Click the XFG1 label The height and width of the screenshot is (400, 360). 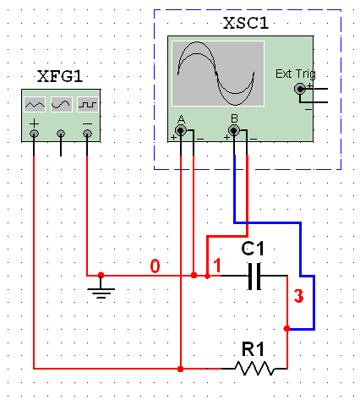coord(60,76)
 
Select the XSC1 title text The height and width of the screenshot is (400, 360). coord(246,23)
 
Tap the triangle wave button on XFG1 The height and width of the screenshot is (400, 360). coord(35,104)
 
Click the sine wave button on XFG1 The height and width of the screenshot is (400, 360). coord(62,104)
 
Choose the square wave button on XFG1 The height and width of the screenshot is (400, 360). coord(88,104)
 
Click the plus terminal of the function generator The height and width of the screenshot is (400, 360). coord(34,134)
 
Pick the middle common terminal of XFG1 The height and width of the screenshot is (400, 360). coord(61,134)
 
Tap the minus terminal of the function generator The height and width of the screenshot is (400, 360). coord(87,134)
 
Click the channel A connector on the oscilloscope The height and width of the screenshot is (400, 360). coord(181,130)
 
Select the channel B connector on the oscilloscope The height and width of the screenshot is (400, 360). coord(234,130)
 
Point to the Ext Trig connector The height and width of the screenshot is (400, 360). coord(300,89)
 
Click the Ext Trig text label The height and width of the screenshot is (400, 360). coord(295,74)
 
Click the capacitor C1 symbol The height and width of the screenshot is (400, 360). coord(254,277)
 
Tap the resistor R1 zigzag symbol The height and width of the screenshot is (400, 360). coord(254,368)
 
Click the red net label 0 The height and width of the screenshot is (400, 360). coord(155,266)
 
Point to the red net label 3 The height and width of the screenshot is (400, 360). coord(298,296)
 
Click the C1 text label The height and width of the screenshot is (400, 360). coord(253,249)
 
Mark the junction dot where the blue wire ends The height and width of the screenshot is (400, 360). coord(286,328)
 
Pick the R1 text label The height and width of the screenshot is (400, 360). coord(253,349)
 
